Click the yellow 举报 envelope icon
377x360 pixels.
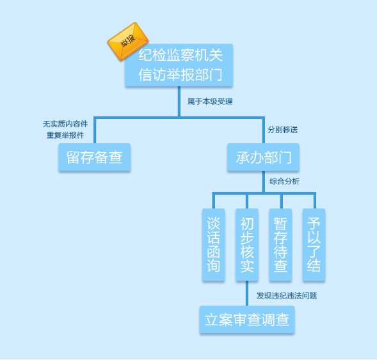click(x=127, y=42)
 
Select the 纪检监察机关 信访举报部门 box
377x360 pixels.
click(x=179, y=65)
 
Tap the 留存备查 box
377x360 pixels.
click(x=95, y=157)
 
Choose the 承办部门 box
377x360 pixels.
click(x=263, y=157)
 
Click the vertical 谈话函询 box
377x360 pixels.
click(x=214, y=244)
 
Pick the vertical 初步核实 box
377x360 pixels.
click(x=247, y=244)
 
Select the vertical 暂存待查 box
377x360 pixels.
click(x=280, y=244)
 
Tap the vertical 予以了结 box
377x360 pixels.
click(x=314, y=244)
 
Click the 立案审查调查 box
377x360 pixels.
click(x=247, y=320)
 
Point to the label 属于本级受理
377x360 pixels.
click(x=210, y=101)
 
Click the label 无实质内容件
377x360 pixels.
click(x=65, y=124)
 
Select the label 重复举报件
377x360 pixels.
click(x=65, y=135)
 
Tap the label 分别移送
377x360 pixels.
click(x=283, y=130)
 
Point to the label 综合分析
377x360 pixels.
click(x=284, y=182)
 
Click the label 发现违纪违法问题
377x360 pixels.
click(x=287, y=295)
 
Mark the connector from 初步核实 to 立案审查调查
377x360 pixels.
click(x=247, y=293)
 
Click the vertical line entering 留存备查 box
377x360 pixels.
click(x=95, y=130)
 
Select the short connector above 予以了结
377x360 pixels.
click(x=315, y=201)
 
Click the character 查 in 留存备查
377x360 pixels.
click(x=116, y=157)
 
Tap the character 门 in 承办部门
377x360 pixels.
click(x=284, y=157)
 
